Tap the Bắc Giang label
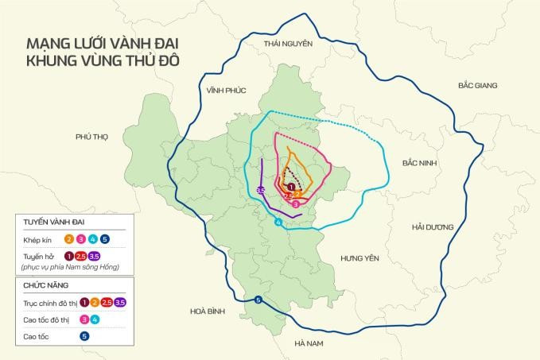point(478,84)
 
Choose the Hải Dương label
point(433,226)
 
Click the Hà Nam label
point(307,343)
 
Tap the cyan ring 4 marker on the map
point(278,223)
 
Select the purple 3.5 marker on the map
point(262,189)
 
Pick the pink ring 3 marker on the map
point(296,204)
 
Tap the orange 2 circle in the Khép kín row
point(69,238)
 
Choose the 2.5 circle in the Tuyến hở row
point(81,256)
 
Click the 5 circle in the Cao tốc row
point(84,336)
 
